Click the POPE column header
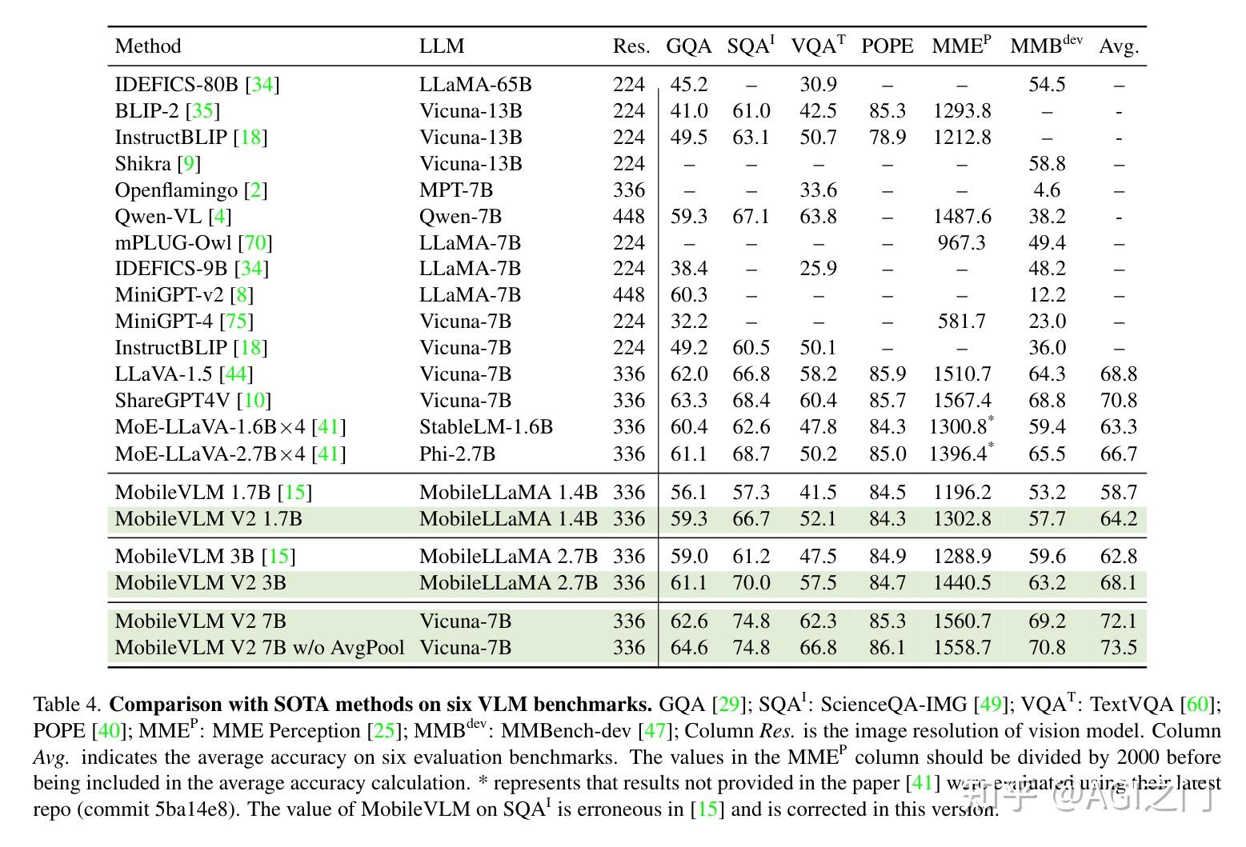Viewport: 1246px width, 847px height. point(887,46)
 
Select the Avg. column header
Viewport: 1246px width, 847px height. point(1118,46)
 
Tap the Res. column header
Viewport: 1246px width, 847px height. point(631,46)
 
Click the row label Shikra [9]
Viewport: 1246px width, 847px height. point(158,164)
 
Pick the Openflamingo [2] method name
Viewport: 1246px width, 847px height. point(190,190)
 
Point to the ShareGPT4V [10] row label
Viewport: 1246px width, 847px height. point(193,401)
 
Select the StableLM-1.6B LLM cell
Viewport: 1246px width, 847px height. point(486,427)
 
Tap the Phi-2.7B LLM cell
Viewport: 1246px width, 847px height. point(457,454)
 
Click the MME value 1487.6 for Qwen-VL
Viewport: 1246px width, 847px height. point(961,217)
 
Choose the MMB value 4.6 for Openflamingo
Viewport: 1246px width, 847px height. point(1047,190)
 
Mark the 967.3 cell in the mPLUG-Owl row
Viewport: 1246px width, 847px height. point(961,243)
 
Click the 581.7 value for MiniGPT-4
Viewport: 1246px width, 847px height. point(961,322)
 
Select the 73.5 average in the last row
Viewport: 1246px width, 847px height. point(1118,648)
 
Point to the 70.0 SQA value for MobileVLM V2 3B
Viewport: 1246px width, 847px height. point(751,583)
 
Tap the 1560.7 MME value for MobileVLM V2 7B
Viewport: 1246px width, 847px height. point(961,621)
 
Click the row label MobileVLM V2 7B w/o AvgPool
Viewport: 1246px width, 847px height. point(259,648)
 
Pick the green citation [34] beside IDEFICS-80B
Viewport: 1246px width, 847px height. point(262,85)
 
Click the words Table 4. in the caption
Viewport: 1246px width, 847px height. point(67,705)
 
